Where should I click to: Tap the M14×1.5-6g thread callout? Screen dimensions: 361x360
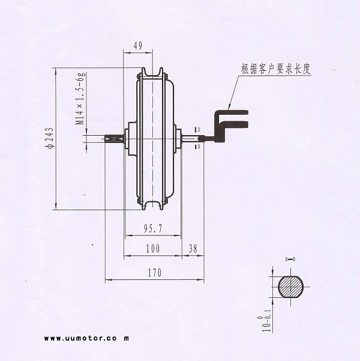tap(80, 98)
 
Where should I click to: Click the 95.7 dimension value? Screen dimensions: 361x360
tap(153, 228)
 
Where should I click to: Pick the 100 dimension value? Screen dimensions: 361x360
tap(153, 249)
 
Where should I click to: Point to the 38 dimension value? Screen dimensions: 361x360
tap(193, 249)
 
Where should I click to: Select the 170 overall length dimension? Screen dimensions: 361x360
tap(154, 273)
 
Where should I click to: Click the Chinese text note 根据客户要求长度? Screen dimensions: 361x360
tap(275, 69)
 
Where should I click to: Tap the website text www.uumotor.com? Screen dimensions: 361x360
tap(87, 338)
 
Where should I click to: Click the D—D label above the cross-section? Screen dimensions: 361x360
tap(290, 259)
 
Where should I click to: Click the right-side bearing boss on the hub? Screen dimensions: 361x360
tap(177, 139)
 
